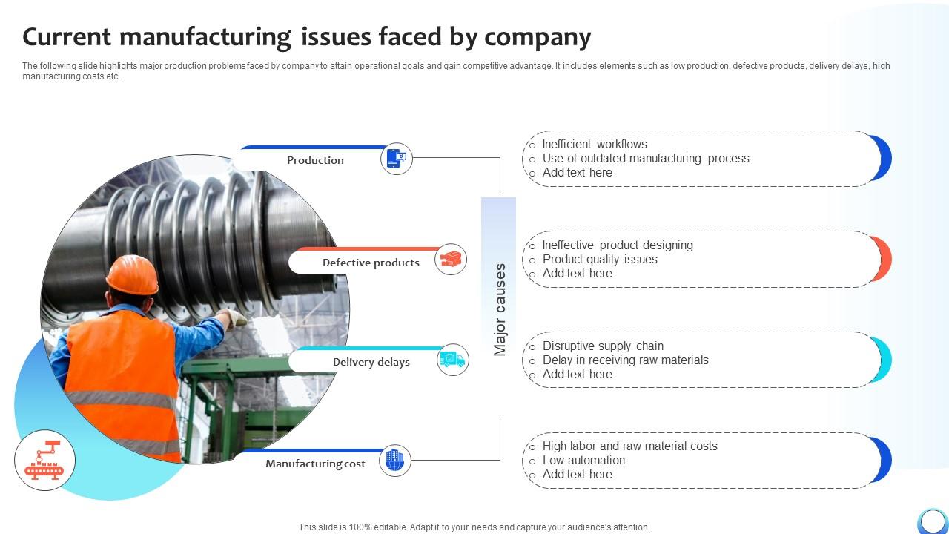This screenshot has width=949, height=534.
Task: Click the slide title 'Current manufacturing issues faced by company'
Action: click(x=307, y=36)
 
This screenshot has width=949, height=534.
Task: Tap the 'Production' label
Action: click(x=315, y=160)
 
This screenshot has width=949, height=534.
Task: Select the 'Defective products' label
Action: click(x=371, y=263)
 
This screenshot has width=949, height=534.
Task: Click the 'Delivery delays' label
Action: click(x=371, y=362)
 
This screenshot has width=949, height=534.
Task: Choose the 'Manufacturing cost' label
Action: click(x=315, y=464)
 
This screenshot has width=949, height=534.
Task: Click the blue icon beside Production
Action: click(x=397, y=159)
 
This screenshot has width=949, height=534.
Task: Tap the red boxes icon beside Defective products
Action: click(x=451, y=259)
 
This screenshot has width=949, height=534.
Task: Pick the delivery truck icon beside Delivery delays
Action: click(x=452, y=360)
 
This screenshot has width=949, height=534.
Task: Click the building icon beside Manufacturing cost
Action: click(x=395, y=460)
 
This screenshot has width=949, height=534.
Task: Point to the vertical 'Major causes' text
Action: click(x=500, y=309)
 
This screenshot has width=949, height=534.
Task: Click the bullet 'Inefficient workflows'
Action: click(x=595, y=145)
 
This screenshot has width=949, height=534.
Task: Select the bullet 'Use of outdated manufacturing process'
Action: click(x=646, y=159)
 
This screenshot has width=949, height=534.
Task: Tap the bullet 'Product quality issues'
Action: click(x=600, y=260)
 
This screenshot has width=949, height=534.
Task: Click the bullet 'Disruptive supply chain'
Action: click(x=603, y=346)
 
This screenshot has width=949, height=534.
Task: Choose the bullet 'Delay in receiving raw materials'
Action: click(x=625, y=360)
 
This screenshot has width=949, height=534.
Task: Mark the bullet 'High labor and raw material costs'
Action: click(x=629, y=446)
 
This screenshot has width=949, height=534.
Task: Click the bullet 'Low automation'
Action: click(x=583, y=461)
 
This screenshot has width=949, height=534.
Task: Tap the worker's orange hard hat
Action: click(x=132, y=274)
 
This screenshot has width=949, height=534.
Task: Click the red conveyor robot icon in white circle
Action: click(x=44, y=460)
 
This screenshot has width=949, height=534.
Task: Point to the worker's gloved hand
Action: click(x=235, y=318)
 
